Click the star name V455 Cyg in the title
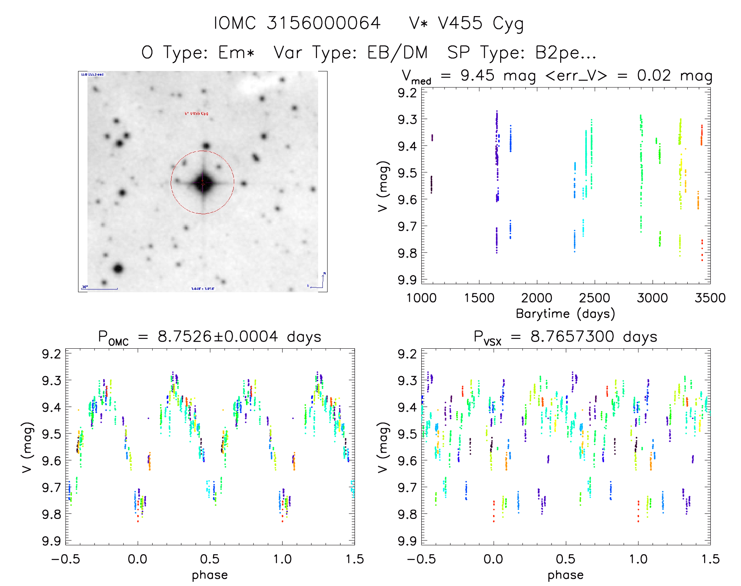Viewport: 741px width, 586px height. tap(466, 24)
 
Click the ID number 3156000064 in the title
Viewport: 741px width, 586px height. tap(324, 23)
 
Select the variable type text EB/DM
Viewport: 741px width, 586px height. tap(397, 53)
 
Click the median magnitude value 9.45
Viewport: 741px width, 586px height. tap(477, 75)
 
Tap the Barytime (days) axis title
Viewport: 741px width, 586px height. tap(565, 314)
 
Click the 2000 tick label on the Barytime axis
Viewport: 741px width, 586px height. tap(536, 298)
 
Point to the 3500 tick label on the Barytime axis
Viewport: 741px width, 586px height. tap(710, 298)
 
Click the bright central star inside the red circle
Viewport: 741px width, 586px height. tap(203, 183)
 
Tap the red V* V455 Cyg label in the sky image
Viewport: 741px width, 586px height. tap(197, 114)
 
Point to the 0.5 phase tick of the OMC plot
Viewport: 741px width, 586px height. tap(210, 559)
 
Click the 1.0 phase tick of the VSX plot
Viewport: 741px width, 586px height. tap(638, 559)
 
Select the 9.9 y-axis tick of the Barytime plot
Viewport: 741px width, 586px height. tap(407, 280)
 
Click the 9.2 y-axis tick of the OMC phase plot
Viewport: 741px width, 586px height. tap(51, 354)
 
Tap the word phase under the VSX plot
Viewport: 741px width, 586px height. tap(565, 575)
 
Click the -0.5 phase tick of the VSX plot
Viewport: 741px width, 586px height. tap(421, 559)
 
